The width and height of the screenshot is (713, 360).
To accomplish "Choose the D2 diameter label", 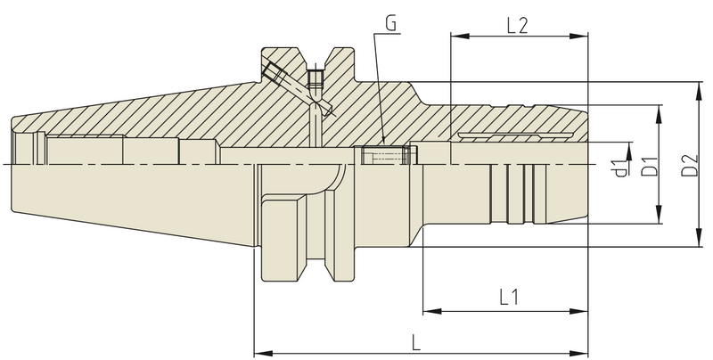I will tap(688, 164).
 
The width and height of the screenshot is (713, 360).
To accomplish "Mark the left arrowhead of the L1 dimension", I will tap(427, 311).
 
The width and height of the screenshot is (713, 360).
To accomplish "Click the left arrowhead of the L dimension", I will tap(260, 350).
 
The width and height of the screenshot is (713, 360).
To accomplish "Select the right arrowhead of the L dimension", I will tap(585, 350).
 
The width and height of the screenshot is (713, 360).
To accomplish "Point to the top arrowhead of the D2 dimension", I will tap(696, 86).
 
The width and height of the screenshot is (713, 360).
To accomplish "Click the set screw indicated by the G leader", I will tap(381, 156).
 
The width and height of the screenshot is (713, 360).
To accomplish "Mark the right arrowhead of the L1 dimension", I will tap(585, 311).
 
